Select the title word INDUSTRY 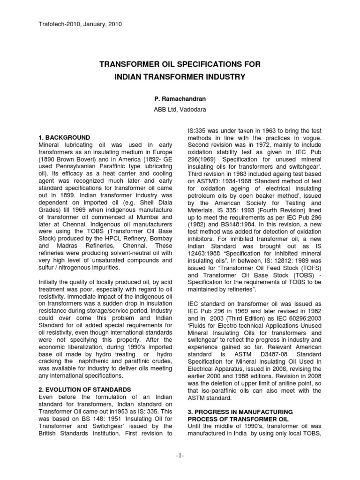(222, 76)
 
